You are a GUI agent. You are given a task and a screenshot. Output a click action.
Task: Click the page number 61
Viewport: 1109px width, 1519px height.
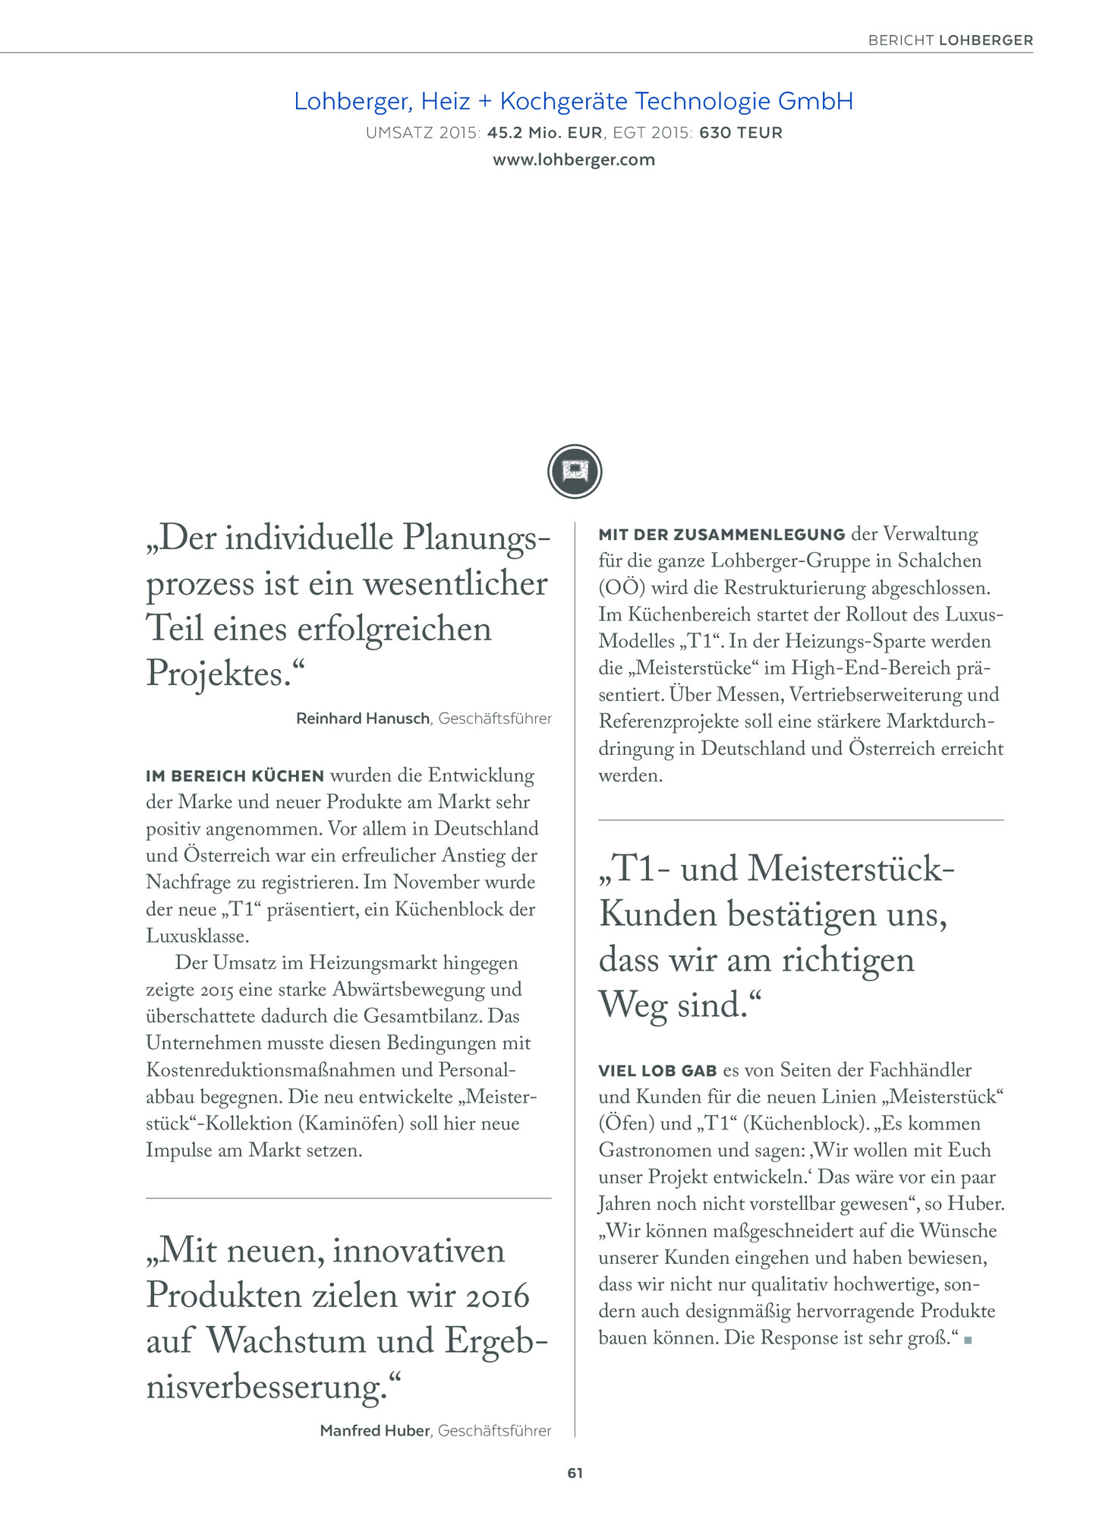click(x=575, y=1473)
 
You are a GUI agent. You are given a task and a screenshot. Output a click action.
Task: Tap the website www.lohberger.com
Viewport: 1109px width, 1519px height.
click(x=574, y=160)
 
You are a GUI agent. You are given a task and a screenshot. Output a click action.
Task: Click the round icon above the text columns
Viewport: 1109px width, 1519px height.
click(x=575, y=472)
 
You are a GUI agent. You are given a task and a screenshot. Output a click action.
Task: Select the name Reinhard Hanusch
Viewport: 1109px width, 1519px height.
click(x=363, y=718)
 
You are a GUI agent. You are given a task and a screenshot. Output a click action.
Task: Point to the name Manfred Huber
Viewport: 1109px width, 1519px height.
click(x=375, y=1431)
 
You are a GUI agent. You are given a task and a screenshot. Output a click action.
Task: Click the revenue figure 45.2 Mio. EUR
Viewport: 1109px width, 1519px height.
click(x=545, y=133)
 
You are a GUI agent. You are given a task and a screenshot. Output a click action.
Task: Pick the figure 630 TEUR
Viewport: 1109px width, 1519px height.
click(x=741, y=133)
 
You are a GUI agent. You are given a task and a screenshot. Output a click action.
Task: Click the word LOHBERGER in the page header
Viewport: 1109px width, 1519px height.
click(x=986, y=40)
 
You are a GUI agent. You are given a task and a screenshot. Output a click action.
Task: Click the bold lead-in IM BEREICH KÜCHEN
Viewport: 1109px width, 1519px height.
click(x=235, y=776)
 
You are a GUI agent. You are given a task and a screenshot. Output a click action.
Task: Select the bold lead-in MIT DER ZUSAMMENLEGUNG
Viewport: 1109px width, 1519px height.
click(x=722, y=535)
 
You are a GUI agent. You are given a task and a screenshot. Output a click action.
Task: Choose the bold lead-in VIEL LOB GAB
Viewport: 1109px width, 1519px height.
click(x=657, y=1071)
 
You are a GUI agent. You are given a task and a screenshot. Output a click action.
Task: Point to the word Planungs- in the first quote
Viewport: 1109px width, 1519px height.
click(x=476, y=538)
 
